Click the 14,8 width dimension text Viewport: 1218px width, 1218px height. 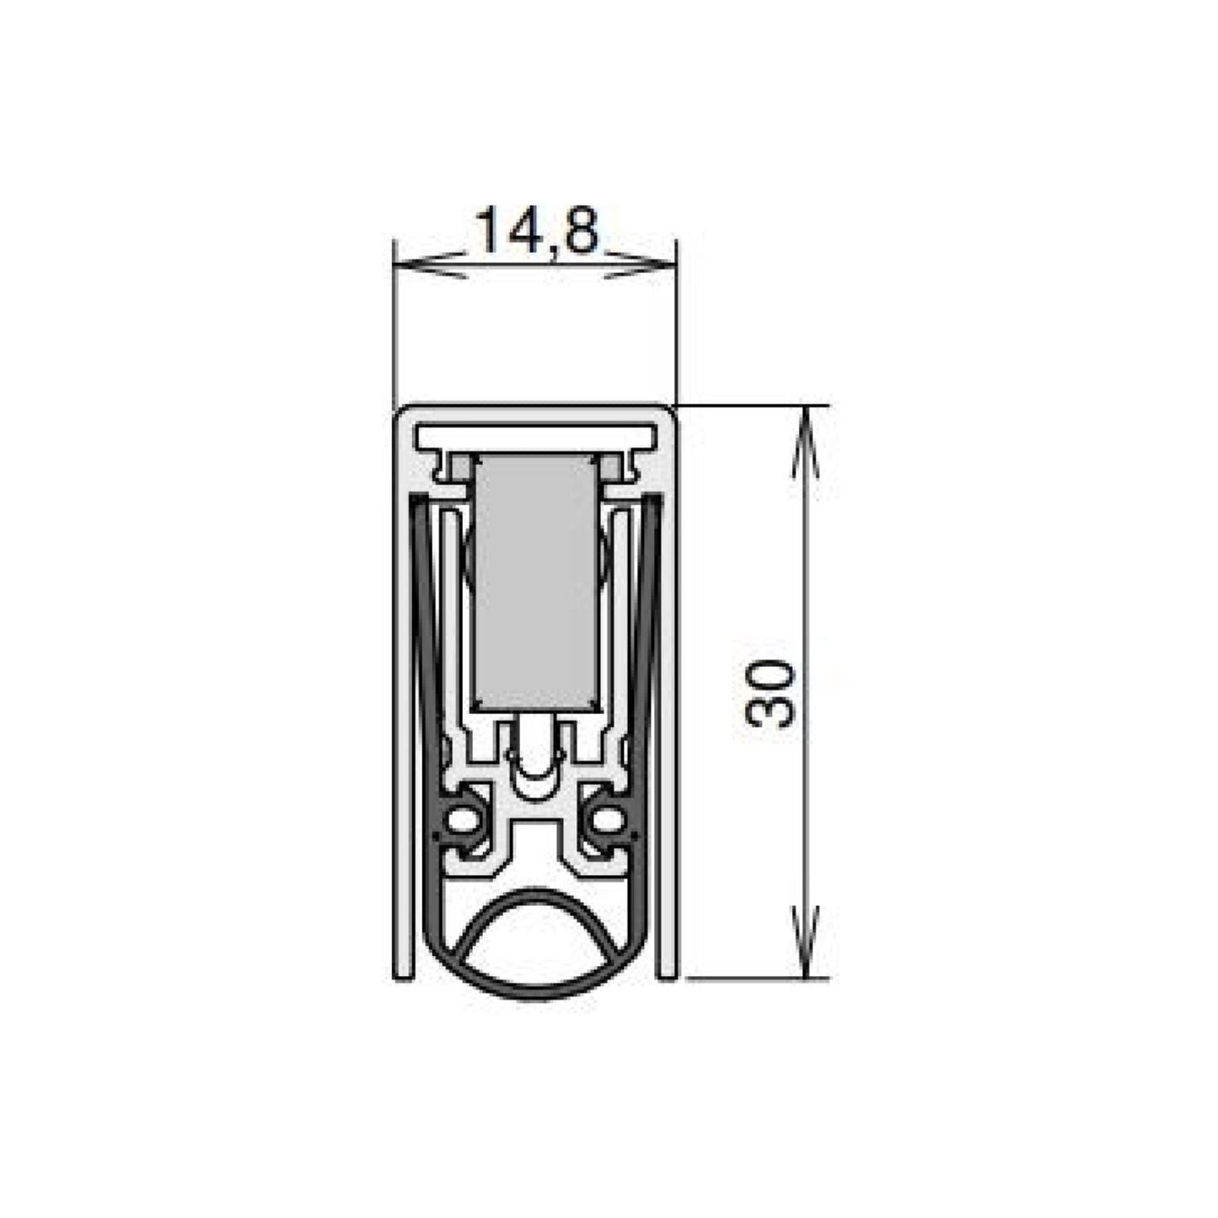pyautogui.click(x=537, y=231)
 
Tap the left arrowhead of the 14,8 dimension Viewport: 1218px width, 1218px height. pyautogui.click(x=421, y=265)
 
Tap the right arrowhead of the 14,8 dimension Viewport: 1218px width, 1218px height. pyautogui.click(x=649, y=265)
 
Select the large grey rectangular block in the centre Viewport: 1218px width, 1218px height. pyautogui.click(x=535, y=582)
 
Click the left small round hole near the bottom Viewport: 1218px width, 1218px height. pyautogui.click(x=462, y=819)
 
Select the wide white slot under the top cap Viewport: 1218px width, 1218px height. pyautogui.click(x=535, y=437)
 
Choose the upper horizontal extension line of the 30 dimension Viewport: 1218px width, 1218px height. pyautogui.click(x=754, y=405)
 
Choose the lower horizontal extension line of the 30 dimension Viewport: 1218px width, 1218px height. pyautogui.click(x=754, y=979)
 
